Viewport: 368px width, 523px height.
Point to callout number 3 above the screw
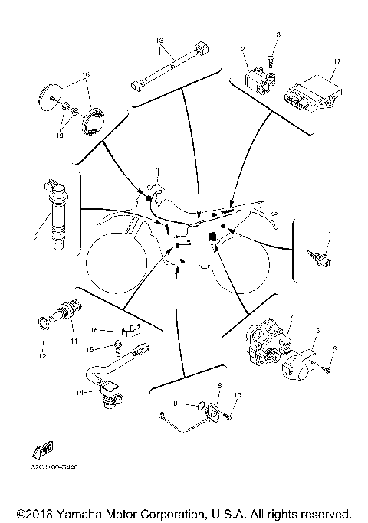[x=278, y=34]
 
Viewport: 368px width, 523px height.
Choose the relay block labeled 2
[x=256, y=77]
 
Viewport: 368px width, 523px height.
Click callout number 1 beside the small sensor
[x=330, y=233]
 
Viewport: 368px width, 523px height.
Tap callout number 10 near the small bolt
[x=238, y=395]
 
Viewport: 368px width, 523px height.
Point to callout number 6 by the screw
[x=334, y=348]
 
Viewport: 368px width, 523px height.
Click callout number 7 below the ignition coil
[x=35, y=239]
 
